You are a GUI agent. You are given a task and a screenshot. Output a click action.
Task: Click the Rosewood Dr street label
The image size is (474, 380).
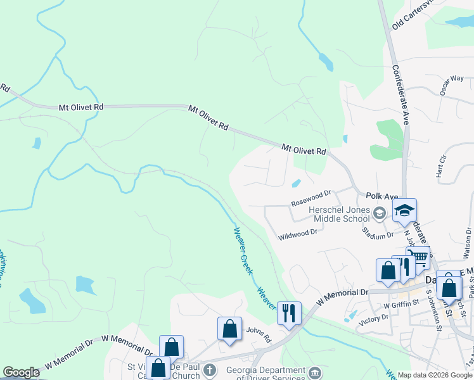[311, 198]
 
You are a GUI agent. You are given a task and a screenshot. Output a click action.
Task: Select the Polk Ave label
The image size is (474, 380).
[381, 197]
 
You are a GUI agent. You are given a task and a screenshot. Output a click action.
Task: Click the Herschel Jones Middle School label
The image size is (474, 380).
[338, 214]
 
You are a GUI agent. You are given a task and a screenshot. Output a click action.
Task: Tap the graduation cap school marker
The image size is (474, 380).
[404, 211]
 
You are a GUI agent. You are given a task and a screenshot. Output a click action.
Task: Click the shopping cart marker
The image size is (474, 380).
[418, 258]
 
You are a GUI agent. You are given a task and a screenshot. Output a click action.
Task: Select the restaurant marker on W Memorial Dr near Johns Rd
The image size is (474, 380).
[289, 312]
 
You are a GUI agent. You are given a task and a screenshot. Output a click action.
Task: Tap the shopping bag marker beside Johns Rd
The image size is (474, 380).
[229, 329]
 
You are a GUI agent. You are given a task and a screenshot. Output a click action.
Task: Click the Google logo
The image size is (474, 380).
[21, 373]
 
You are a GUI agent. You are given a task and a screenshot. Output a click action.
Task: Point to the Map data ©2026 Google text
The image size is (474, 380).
[434, 375]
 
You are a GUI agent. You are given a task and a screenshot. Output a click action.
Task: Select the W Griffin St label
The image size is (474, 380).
[402, 306]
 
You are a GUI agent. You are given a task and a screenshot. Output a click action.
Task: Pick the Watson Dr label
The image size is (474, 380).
[468, 244]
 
